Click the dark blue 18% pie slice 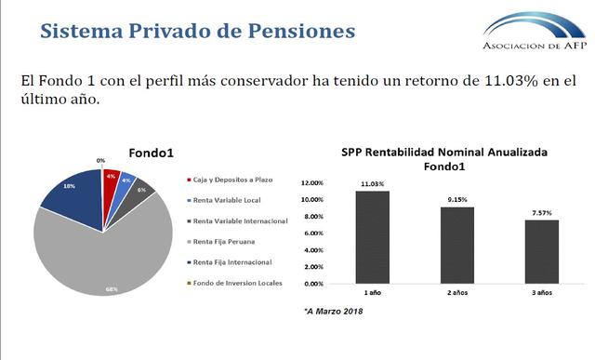[x=70, y=193]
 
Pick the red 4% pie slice [x=112, y=179]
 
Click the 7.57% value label [x=541, y=212]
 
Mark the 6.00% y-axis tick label [x=313, y=234]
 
